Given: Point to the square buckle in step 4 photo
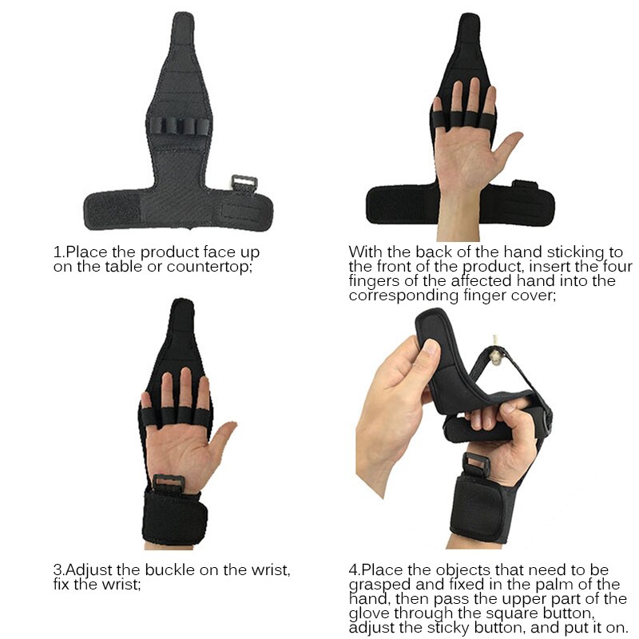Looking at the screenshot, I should (x=477, y=464).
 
